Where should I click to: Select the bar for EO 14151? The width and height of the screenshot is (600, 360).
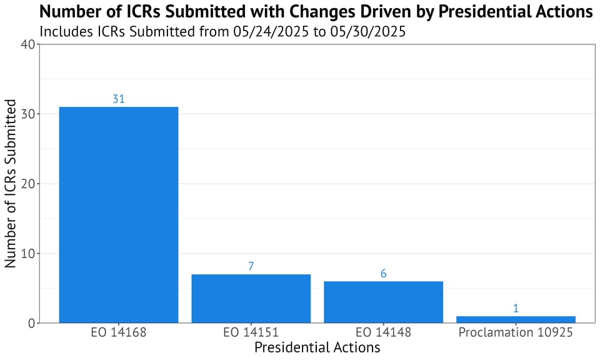(x=251, y=298)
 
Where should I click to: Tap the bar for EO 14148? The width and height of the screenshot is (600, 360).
(x=383, y=302)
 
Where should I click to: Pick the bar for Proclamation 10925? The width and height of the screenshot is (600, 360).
(x=516, y=319)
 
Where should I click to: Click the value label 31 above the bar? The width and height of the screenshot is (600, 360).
(x=119, y=99)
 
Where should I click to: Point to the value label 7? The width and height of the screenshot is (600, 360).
(x=251, y=266)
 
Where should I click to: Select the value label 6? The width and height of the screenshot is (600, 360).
(x=383, y=273)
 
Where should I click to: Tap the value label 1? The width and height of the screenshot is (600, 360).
(x=516, y=308)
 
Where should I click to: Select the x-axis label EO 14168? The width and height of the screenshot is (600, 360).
(x=119, y=332)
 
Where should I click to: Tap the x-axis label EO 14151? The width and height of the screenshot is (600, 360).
(x=251, y=332)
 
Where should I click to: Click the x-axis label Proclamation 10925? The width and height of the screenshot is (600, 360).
(x=516, y=332)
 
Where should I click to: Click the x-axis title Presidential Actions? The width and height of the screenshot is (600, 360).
(x=317, y=347)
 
